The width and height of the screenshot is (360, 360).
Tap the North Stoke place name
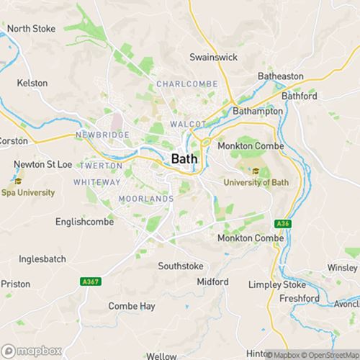(x=31, y=29)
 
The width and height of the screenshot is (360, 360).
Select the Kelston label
(x=32, y=83)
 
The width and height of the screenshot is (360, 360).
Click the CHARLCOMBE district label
(x=186, y=84)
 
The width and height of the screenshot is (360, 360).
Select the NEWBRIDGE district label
(x=102, y=135)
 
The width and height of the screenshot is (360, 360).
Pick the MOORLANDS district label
(x=146, y=198)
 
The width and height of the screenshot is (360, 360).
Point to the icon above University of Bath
(x=255, y=171)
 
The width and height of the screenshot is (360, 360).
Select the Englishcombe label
(x=83, y=222)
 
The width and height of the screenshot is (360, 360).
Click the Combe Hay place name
(x=132, y=306)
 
